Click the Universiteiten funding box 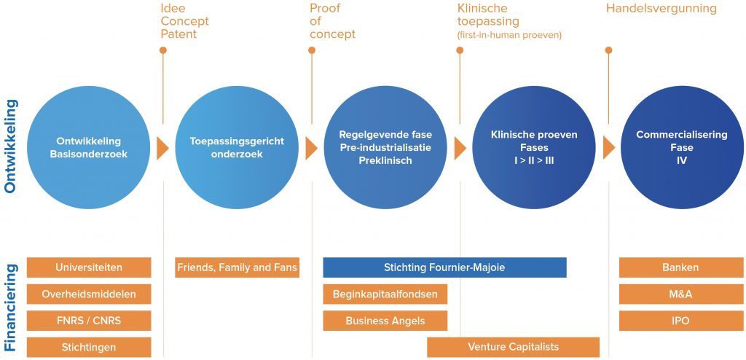click(x=89, y=267)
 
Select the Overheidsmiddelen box click(x=89, y=294)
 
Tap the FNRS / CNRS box click(x=89, y=321)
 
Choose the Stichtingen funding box click(x=89, y=347)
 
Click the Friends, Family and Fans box click(x=237, y=267)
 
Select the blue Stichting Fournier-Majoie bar click(x=445, y=267)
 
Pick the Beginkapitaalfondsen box click(x=385, y=294)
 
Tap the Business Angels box click(x=385, y=321)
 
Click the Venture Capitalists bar click(x=514, y=347)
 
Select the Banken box click(x=681, y=267)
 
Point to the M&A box click(x=681, y=294)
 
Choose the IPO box click(x=681, y=321)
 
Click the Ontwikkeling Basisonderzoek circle click(x=88, y=148)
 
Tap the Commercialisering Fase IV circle click(x=682, y=148)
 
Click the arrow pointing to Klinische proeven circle click(x=460, y=148)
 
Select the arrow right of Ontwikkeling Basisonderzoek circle click(x=162, y=148)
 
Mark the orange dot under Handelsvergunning click(x=608, y=50)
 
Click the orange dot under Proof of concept click(x=312, y=50)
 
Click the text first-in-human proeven click(x=509, y=35)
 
